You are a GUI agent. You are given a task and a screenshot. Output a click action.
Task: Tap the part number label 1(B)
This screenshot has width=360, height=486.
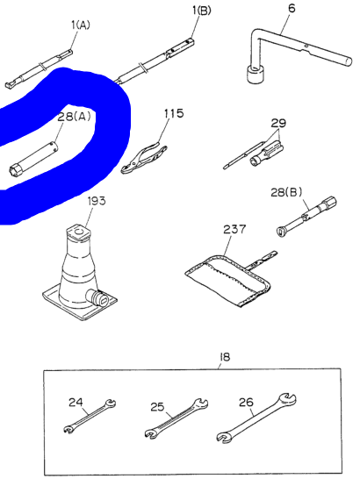click(202, 11)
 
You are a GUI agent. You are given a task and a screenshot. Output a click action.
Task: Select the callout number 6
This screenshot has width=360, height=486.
click(291, 10)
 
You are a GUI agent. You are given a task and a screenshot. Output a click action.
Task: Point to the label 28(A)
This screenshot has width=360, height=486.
click(75, 116)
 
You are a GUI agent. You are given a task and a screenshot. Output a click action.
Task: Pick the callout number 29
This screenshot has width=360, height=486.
click(278, 123)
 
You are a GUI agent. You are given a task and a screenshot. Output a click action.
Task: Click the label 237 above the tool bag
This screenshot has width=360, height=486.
click(234, 229)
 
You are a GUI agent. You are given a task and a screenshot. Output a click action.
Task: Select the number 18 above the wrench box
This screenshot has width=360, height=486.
click(224, 356)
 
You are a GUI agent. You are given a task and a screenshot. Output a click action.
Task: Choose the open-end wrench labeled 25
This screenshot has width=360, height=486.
click(176, 418)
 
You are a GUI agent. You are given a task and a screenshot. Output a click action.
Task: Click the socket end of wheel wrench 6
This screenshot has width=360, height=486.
click(258, 75)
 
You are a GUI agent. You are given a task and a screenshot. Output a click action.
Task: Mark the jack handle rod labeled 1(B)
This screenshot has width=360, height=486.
click(162, 56)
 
